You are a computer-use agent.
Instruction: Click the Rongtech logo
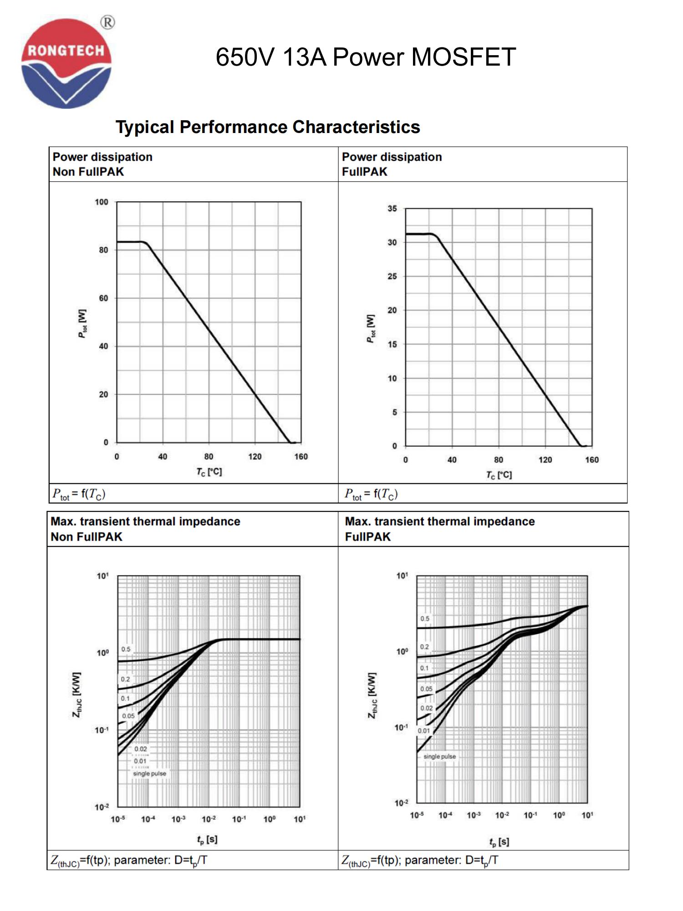click(66, 64)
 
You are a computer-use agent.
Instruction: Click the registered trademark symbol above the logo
click(107, 22)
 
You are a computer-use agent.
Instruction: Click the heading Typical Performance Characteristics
click(268, 127)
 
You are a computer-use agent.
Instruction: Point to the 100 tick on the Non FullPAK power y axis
click(102, 202)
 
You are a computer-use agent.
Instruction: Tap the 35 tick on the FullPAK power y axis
click(392, 209)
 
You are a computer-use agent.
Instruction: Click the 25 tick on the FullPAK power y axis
click(392, 276)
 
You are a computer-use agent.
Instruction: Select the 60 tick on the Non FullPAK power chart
click(104, 298)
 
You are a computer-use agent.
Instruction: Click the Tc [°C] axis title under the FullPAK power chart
click(499, 475)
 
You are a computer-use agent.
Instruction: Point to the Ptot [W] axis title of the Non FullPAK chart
click(82, 323)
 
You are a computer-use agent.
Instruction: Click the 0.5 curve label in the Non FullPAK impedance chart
click(126, 649)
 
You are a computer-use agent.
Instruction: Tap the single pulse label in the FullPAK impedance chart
click(439, 757)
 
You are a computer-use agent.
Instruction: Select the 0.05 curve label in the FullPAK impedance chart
click(426, 689)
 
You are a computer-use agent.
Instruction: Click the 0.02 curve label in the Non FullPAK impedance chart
click(141, 749)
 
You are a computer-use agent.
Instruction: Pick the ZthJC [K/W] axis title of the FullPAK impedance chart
click(372, 695)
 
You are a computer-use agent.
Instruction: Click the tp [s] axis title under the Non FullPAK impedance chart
click(207, 839)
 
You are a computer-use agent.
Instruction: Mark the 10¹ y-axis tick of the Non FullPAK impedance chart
click(103, 576)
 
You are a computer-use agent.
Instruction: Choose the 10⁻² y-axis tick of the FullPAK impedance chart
click(401, 803)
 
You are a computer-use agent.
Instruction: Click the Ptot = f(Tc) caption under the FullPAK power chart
click(371, 494)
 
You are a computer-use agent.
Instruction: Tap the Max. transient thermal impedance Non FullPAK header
click(145, 529)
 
